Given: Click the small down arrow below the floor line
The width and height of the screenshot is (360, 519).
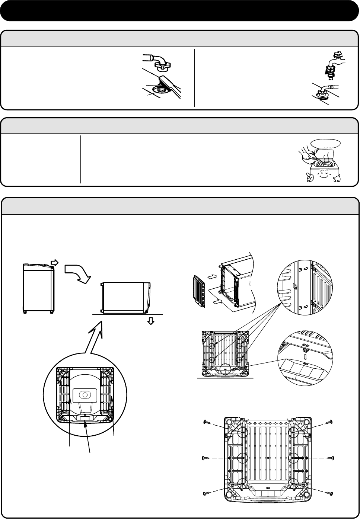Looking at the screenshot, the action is coord(151,321).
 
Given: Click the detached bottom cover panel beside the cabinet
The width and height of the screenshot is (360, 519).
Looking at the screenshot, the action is coord(201,292).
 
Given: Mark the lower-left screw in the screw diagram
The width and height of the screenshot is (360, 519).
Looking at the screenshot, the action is coord(208,493).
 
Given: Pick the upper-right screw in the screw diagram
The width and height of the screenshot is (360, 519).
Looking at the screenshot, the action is coord(328,422).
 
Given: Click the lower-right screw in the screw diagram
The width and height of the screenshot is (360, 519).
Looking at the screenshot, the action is coord(328,493).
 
